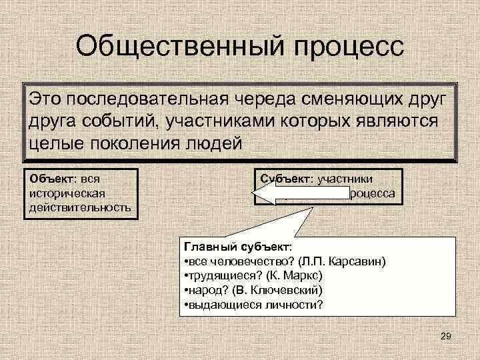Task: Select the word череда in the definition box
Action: click(x=264, y=100)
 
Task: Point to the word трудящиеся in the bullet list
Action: click(x=218, y=275)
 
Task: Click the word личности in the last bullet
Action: click(x=293, y=305)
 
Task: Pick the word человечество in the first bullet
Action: click(x=237, y=259)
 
